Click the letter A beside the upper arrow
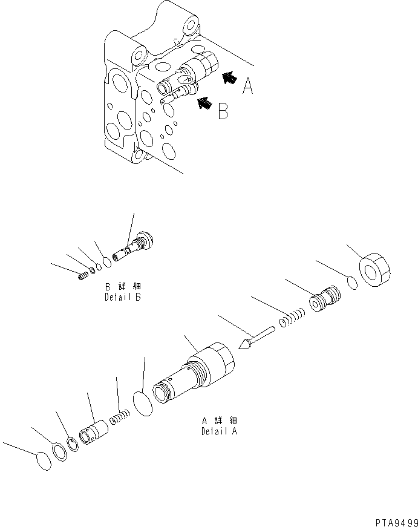247,87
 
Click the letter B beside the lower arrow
223,111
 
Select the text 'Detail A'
219,431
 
